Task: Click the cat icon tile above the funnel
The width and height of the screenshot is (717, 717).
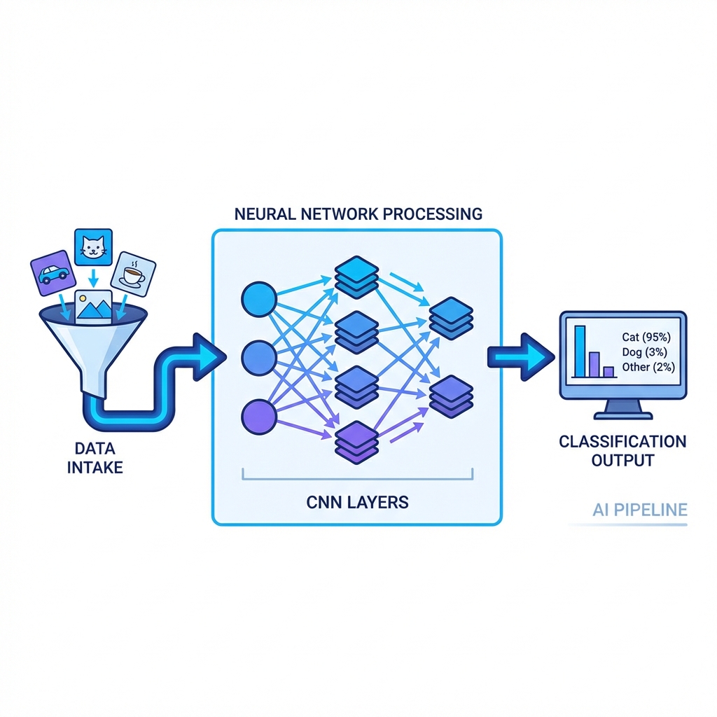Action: (93, 248)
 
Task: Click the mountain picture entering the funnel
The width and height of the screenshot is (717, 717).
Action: (95, 307)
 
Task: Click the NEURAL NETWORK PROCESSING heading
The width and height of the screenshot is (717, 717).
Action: (357, 214)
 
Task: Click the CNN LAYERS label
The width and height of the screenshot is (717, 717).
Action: (357, 502)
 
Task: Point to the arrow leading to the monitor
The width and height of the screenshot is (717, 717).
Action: (519, 357)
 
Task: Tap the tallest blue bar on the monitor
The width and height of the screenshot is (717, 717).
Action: (580, 351)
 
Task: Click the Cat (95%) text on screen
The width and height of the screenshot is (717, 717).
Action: (648, 337)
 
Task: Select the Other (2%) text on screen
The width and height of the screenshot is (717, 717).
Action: (648, 367)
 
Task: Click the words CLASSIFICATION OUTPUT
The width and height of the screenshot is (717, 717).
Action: (622, 451)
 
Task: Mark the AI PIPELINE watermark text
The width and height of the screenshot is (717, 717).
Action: (639, 510)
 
